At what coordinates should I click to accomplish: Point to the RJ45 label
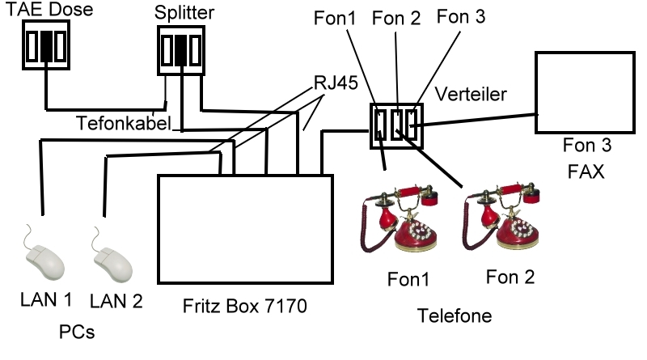tap(335, 83)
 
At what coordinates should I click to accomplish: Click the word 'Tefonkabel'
tap(124, 124)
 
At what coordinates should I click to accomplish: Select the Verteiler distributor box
tap(395, 125)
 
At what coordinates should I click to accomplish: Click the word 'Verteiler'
tap(471, 94)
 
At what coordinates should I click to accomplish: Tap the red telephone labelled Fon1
tap(401, 218)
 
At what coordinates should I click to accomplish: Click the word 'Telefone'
tap(455, 315)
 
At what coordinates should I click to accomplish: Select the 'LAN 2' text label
tap(116, 302)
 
